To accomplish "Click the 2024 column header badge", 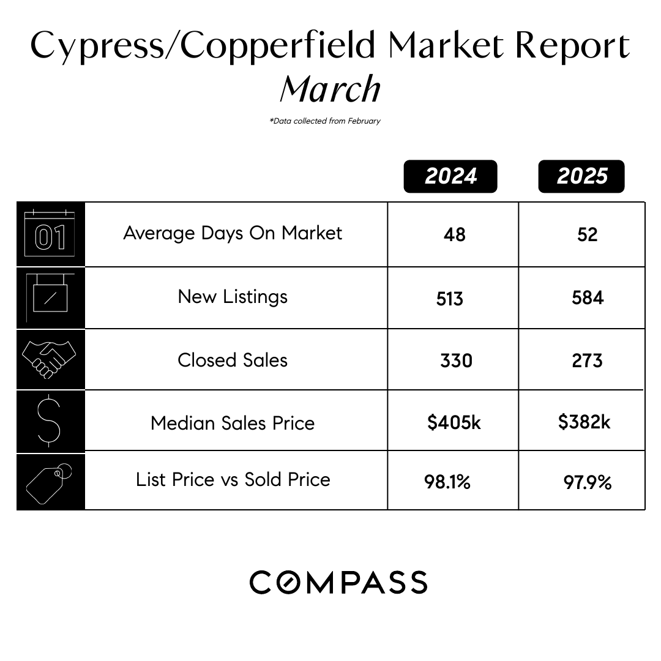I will coord(450,176).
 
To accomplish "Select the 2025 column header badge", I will coord(581,176).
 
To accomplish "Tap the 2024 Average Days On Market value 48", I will coord(454,234).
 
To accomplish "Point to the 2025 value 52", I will coord(587,234).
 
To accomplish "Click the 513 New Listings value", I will coord(450,299).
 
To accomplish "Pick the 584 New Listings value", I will coord(587,298).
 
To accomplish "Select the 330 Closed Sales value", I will coord(456,360).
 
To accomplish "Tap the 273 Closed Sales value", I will coord(587,360).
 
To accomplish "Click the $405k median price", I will coord(454,422).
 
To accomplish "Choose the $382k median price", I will coord(584,422).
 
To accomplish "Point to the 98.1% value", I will coord(447,482).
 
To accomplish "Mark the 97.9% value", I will coord(587,482).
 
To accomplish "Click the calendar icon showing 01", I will coord(50,234).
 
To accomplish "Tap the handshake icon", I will coord(49,359).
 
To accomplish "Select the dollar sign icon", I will coord(49,420).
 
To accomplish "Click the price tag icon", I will coord(49,482).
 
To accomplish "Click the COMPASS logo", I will coord(338,582).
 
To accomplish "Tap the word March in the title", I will coord(330,89).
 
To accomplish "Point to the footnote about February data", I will coord(325,121).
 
